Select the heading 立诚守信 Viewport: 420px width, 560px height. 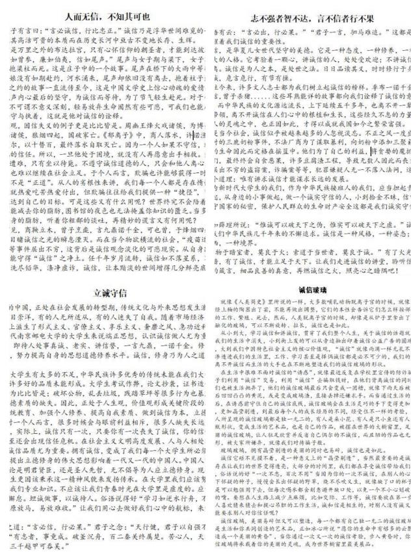pyautogui.click(x=111, y=291)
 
